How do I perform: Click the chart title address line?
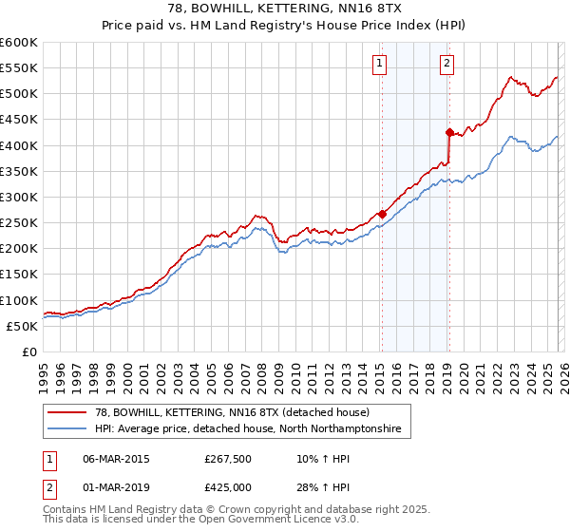(x=285, y=9)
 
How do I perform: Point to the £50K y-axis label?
(x=22, y=326)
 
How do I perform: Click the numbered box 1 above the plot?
(x=379, y=64)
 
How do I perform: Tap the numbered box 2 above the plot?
(x=446, y=64)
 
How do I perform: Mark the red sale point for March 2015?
(x=381, y=214)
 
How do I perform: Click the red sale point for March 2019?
(x=448, y=132)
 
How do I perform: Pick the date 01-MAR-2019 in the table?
(x=116, y=487)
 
